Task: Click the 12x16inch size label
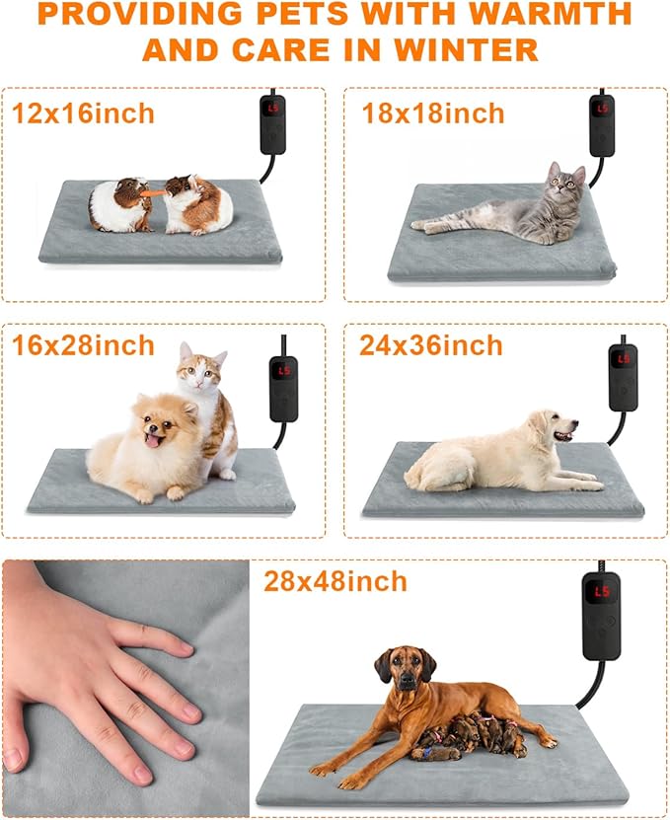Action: tap(83, 113)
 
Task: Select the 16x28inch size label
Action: tap(83, 345)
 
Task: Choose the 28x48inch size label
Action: tap(335, 581)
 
